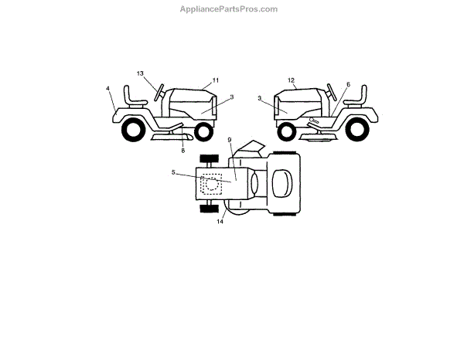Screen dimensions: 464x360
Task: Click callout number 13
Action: (x=141, y=73)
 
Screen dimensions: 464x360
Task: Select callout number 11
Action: (x=216, y=80)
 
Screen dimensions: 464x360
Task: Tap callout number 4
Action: (x=108, y=89)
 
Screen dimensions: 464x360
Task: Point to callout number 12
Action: (x=291, y=80)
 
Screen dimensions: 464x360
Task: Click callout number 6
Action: (x=348, y=85)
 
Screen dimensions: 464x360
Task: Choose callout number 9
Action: (x=230, y=140)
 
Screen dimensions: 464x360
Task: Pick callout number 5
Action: (x=173, y=172)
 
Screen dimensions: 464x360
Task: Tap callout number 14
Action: (x=220, y=222)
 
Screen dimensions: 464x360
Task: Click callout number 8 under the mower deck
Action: (x=183, y=150)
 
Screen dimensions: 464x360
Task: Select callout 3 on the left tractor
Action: (x=231, y=97)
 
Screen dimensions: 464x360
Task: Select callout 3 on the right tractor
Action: (x=260, y=98)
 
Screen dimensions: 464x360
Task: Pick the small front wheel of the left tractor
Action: (x=204, y=131)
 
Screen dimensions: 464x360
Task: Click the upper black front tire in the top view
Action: (x=207, y=159)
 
